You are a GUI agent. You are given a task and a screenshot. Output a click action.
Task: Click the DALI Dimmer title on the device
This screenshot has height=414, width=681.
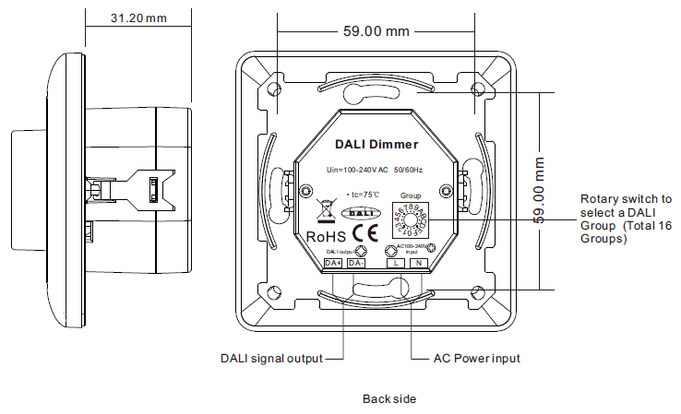pos(376,145)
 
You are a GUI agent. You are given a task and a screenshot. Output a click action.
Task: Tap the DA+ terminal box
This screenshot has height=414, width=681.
pos(334,264)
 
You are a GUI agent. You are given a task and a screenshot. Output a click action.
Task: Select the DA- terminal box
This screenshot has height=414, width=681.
pos(356,264)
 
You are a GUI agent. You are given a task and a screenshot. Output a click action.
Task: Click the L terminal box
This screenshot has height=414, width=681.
pos(395,264)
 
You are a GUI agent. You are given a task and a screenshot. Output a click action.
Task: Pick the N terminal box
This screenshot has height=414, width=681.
pos(418,264)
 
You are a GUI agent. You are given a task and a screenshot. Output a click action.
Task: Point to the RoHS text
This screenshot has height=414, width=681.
pos(326,235)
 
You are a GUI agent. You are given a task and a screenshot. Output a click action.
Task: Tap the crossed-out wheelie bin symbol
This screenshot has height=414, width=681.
pos(324,209)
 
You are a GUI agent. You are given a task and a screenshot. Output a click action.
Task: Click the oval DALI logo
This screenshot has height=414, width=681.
pos(361,213)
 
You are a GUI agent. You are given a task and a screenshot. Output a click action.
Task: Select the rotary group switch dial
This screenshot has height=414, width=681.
pos(411,222)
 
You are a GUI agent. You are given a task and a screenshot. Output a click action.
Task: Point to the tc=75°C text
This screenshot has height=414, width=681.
pos(358,195)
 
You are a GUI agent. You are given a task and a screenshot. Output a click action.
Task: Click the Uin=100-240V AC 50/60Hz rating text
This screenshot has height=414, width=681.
pos(375,170)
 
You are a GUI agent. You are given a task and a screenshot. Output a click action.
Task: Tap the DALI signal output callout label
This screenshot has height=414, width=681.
pos(271,358)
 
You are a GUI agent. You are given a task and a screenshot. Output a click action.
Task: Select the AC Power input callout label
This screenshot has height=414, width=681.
pos(476,358)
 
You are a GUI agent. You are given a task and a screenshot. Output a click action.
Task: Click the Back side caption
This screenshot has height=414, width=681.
pos(389,399)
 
